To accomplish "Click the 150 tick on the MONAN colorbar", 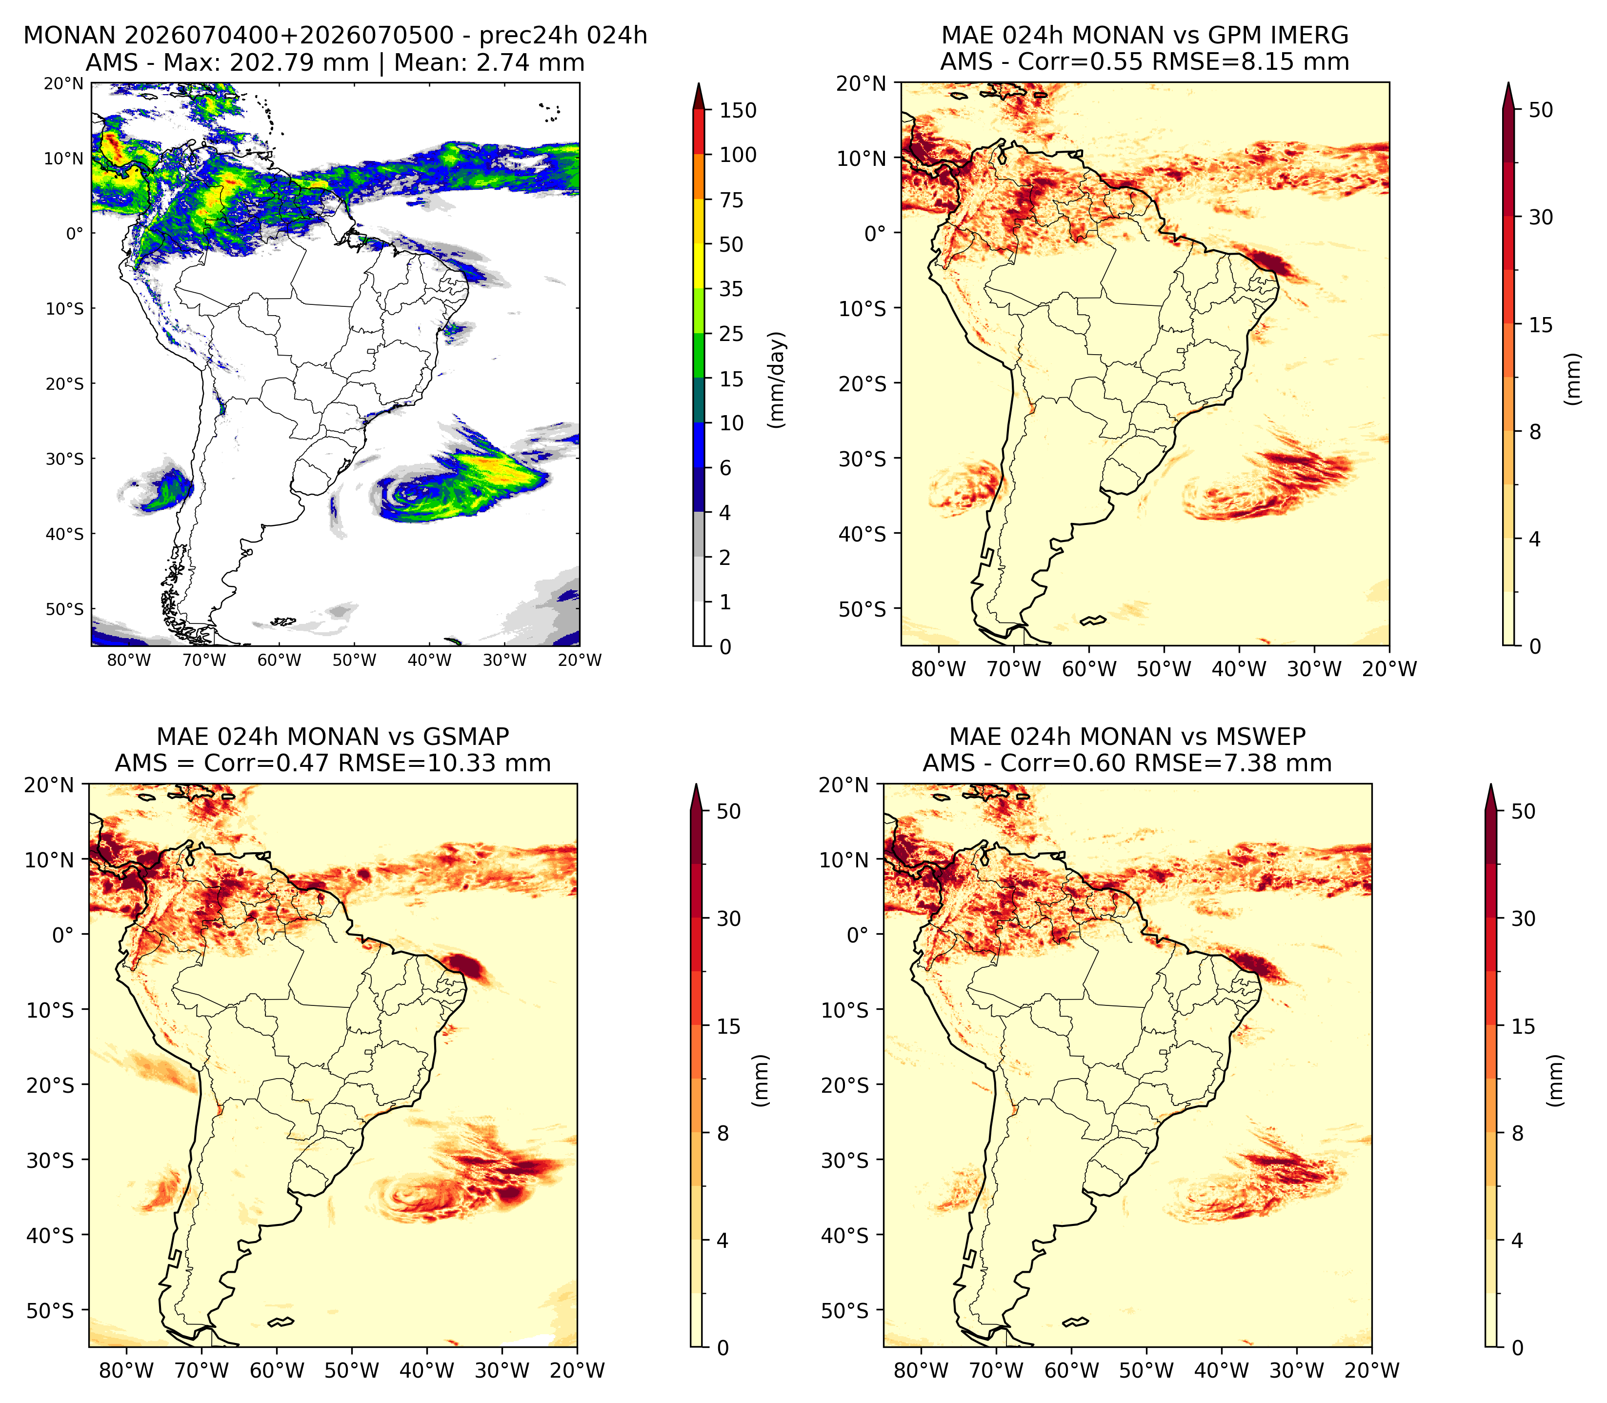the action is click(738, 110).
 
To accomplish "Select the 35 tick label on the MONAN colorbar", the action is click(731, 289).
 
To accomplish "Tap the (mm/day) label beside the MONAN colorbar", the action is click(777, 379).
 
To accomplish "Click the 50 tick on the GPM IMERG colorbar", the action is click(1541, 110).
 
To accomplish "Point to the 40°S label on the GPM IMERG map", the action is click(863, 534).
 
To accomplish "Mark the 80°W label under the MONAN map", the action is click(129, 660).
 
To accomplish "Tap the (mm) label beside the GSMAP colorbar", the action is click(759, 1081).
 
